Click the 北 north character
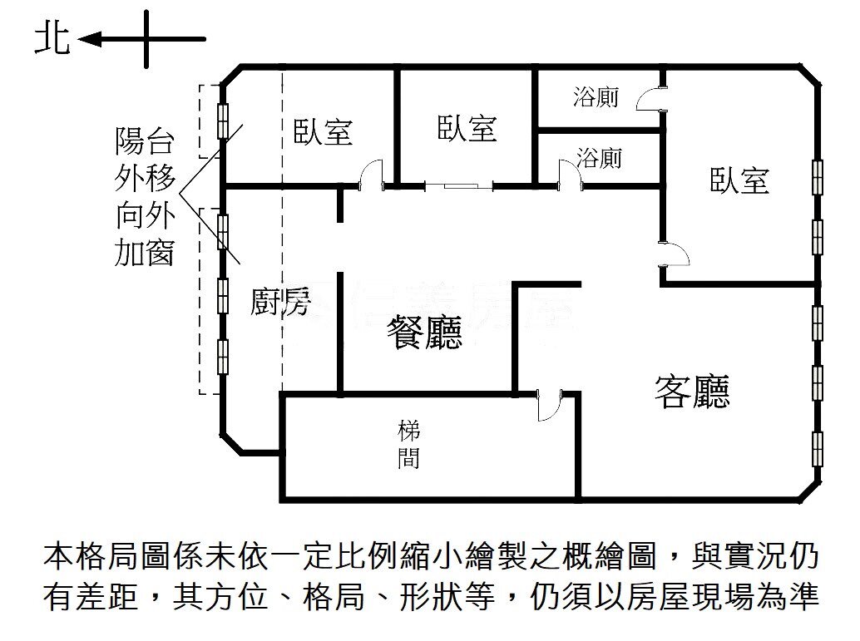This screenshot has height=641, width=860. coord(52,39)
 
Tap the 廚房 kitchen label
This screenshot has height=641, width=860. coord(280,303)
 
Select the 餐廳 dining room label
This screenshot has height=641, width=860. coord(424,333)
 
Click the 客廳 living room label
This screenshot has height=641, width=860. coord(692,390)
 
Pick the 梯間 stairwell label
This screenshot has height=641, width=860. coord(408,445)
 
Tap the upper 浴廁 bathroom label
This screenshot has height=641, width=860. coord(596,97)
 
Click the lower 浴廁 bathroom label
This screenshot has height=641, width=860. coord(600,158)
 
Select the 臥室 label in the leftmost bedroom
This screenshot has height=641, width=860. coord(323,131)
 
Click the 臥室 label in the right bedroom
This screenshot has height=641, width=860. coord(739,180)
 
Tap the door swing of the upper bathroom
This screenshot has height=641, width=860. coord(650,100)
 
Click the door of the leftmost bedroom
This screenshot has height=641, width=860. coord(370,175)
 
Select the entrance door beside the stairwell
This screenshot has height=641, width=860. coord(550,406)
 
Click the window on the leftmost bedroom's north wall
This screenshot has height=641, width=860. coord(223,121)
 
